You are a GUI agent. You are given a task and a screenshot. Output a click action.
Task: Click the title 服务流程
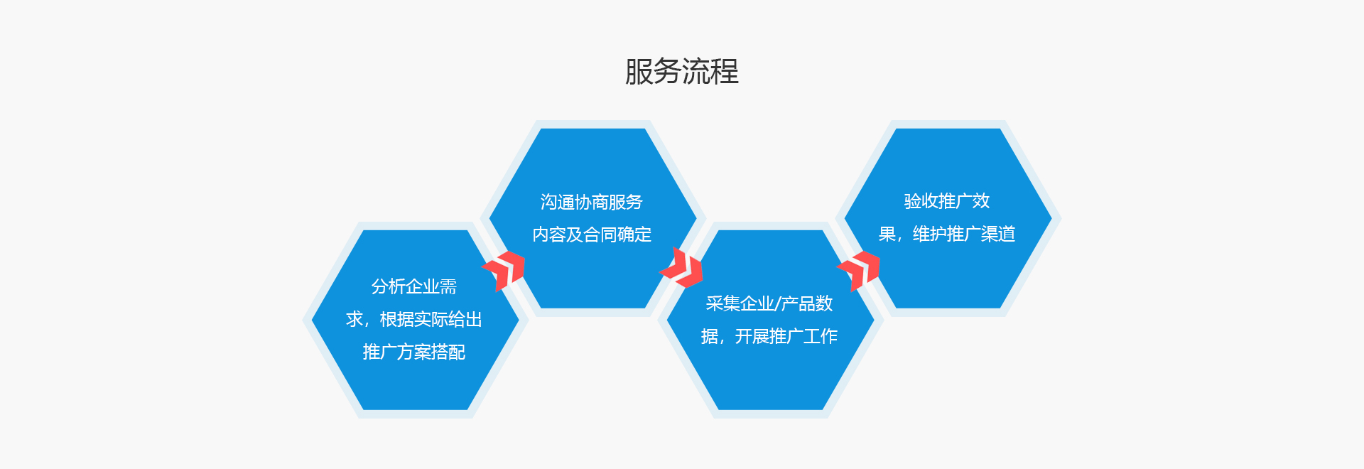pyautogui.click(x=682, y=72)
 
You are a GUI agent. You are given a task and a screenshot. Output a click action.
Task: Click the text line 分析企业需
pyautogui.click(x=414, y=286)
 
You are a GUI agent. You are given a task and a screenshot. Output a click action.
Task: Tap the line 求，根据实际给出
pyautogui.click(x=414, y=319)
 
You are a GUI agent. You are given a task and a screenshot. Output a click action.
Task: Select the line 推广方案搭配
pyautogui.click(x=414, y=352)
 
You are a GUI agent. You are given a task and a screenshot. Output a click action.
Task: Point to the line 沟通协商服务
pyautogui.click(x=592, y=203)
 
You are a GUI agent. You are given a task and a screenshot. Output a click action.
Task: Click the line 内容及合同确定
pyautogui.click(x=592, y=234)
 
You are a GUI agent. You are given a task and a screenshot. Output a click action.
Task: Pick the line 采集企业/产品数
pyautogui.click(x=769, y=303)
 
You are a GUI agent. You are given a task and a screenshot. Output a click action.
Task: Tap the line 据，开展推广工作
pyautogui.click(x=769, y=336)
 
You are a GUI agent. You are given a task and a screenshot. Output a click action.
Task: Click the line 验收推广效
pyautogui.click(x=947, y=201)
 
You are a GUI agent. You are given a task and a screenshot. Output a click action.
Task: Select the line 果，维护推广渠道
pyautogui.click(x=947, y=234)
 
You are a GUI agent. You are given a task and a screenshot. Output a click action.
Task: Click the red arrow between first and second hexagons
pyautogui.click(x=504, y=271)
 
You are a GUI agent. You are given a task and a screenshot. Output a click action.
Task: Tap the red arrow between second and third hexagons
pyautogui.click(x=681, y=268)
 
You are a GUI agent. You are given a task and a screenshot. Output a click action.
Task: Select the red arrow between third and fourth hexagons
pyautogui.click(x=859, y=271)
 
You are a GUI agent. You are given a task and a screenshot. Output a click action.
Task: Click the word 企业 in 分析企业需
pyautogui.click(x=423, y=286)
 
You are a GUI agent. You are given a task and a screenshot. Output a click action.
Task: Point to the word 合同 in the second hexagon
pyautogui.click(x=600, y=234)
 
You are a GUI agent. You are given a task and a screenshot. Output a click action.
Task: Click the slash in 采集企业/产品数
pyautogui.click(x=777, y=304)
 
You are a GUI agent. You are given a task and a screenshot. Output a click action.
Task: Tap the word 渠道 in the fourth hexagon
pyautogui.click(x=998, y=234)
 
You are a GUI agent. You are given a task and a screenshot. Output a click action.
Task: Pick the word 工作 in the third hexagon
pyautogui.click(x=821, y=336)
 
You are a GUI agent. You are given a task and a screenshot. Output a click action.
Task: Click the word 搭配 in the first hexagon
pyautogui.click(x=448, y=352)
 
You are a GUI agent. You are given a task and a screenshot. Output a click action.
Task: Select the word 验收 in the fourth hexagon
pyautogui.click(x=921, y=201)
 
